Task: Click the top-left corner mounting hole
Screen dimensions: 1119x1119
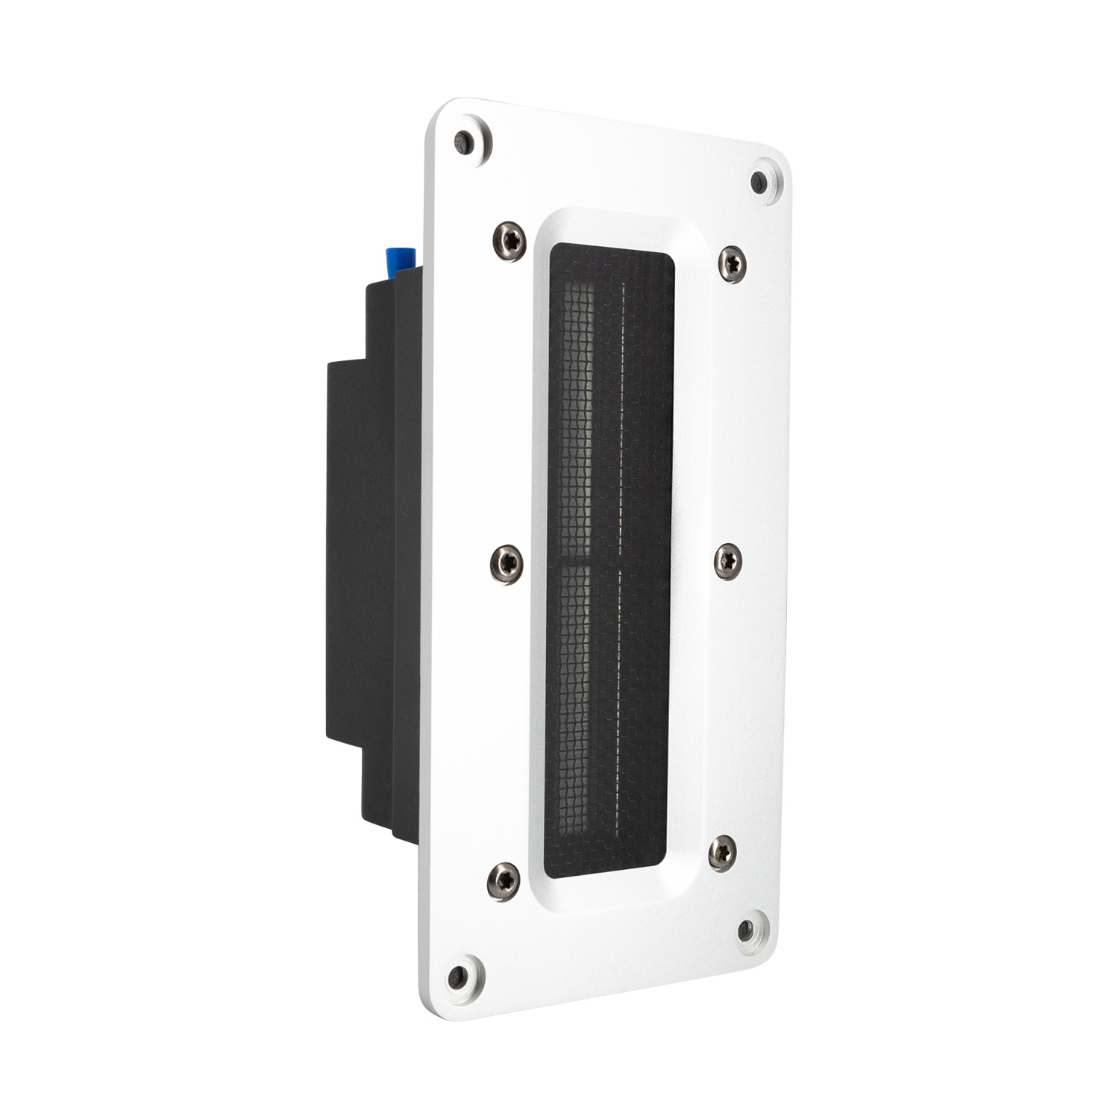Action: click(464, 142)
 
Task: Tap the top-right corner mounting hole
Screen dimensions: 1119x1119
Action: click(759, 182)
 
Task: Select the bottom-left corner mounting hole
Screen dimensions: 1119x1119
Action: click(457, 976)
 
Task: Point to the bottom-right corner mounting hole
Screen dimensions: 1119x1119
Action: click(746, 930)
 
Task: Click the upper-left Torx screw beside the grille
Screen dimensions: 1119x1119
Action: click(510, 241)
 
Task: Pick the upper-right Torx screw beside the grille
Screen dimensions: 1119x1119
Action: click(732, 263)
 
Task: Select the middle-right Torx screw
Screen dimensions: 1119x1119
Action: click(728, 560)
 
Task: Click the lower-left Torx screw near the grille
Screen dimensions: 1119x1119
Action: click(504, 880)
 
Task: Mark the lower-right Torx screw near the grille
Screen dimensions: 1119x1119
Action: click(721, 853)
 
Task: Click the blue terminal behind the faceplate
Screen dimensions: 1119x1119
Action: click(401, 260)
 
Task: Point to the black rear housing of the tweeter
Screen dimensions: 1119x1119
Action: click(373, 559)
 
